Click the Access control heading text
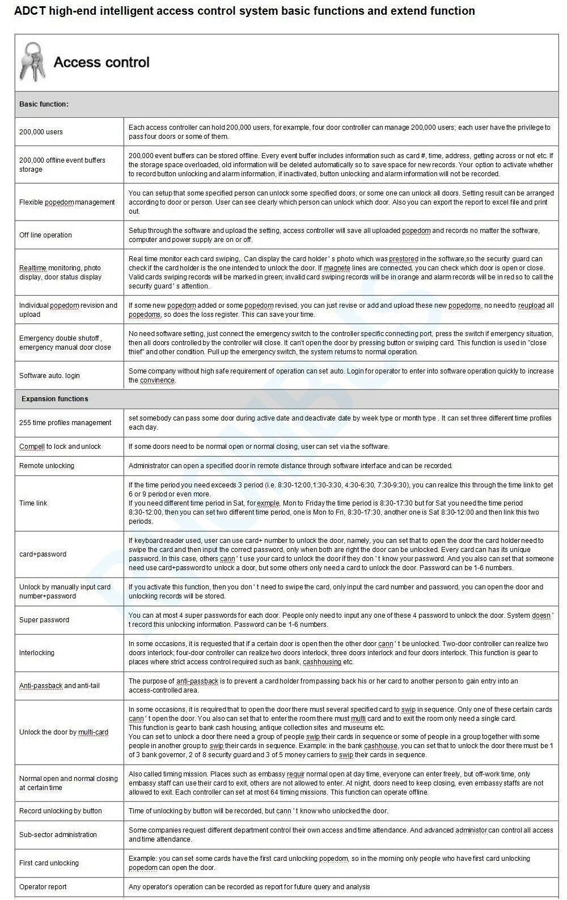click(101, 62)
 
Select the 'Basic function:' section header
click(44, 104)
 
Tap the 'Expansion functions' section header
click(54, 399)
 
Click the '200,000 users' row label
click(41, 132)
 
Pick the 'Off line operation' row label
click(45, 235)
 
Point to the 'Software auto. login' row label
click(49, 376)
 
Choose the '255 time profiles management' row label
click(65, 423)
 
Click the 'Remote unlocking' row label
click(46, 466)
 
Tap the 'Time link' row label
click(33, 503)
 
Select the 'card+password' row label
click(43, 554)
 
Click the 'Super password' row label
click(44, 620)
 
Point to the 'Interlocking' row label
click(37, 653)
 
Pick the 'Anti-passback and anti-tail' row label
click(60, 686)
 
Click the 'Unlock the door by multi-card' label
click(64, 732)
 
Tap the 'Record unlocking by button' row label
click(61, 811)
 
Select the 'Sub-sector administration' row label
click(58, 835)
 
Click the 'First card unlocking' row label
click(49, 863)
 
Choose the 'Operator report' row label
click(43, 887)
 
